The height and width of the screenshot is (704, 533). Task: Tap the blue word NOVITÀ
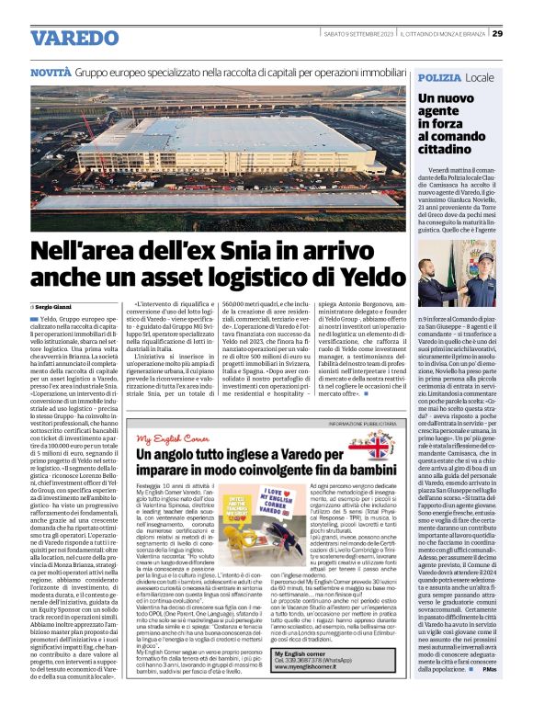coord(50,71)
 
